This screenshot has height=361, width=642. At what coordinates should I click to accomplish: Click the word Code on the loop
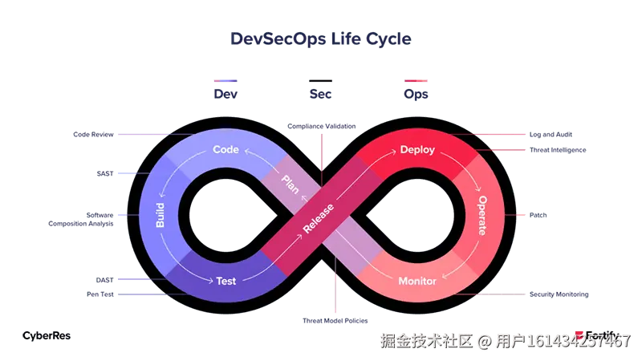click(226, 149)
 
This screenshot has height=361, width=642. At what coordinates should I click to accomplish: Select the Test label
click(226, 281)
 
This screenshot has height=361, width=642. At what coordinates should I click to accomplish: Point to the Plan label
click(290, 184)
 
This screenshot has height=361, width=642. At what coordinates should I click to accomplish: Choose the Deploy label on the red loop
click(416, 149)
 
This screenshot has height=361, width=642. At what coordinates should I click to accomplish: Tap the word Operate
click(482, 215)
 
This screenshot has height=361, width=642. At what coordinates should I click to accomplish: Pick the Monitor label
click(417, 281)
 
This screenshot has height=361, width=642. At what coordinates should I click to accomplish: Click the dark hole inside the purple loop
click(226, 215)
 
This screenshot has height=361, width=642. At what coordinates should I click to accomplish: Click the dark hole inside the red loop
click(416, 215)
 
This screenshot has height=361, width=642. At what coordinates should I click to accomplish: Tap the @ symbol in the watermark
click(484, 341)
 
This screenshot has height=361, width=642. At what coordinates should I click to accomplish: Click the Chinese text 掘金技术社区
click(426, 341)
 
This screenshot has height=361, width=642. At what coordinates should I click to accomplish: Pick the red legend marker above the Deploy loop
click(416, 80)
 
